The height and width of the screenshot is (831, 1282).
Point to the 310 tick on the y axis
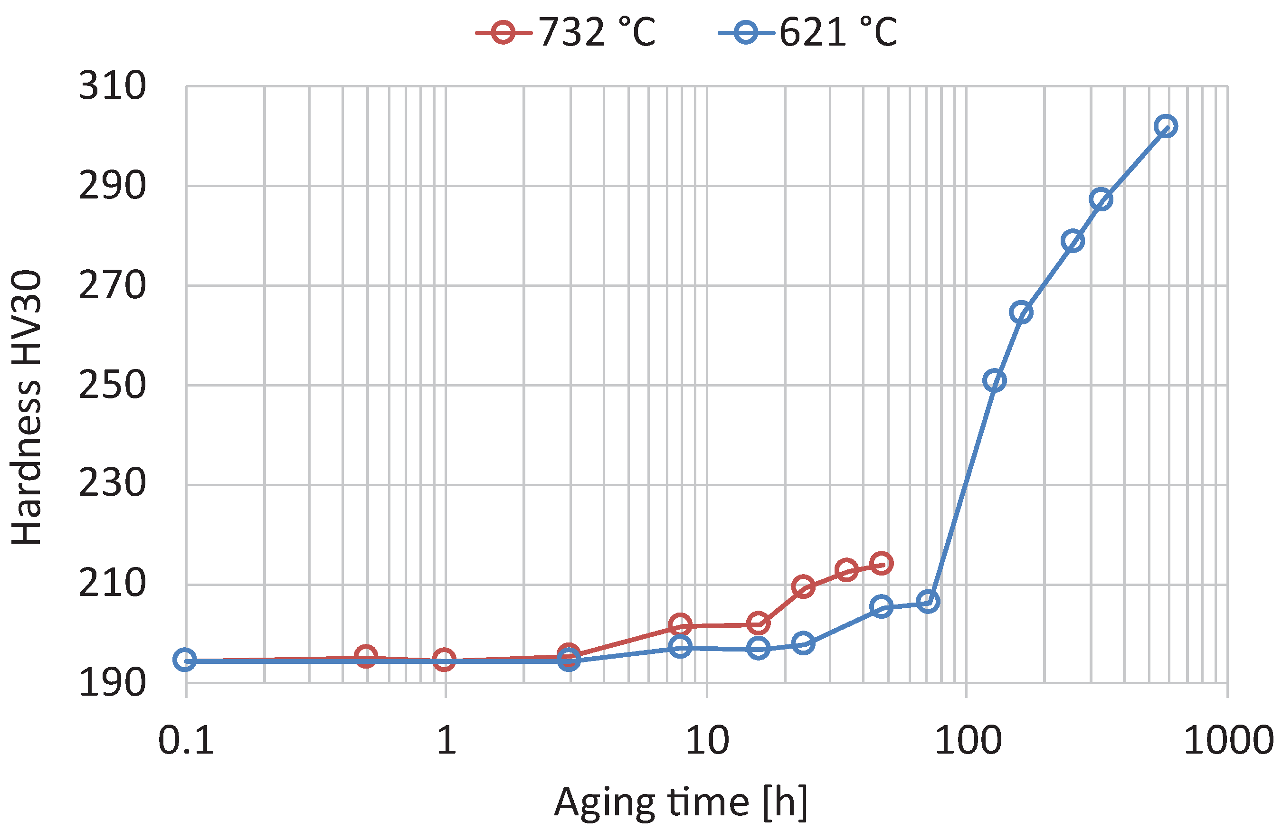(x=112, y=86)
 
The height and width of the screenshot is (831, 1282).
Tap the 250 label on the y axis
(x=112, y=385)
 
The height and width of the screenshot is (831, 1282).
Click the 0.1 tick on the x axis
(x=186, y=740)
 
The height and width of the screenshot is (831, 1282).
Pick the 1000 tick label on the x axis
(x=1227, y=740)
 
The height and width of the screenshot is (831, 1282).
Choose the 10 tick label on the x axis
(x=707, y=740)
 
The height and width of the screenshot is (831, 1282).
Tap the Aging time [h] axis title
(x=680, y=803)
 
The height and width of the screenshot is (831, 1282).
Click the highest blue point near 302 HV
(x=1166, y=126)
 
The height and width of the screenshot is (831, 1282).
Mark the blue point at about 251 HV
(x=994, y=381)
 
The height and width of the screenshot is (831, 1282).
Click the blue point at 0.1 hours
(x=185, y=660)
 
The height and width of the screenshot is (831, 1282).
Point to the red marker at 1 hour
(x=445, y=659)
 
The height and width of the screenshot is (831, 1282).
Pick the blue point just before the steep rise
(x=928, y=602)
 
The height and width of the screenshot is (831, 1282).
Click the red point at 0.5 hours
(x=366, y=656)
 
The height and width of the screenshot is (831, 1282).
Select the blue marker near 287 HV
(x=1101, y=200)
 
